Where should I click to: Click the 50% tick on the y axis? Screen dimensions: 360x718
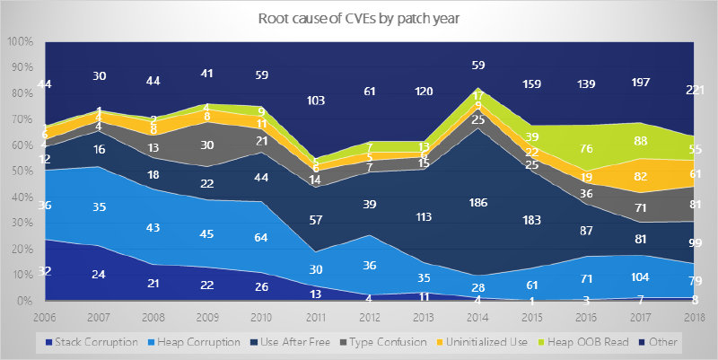pos(22,171)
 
